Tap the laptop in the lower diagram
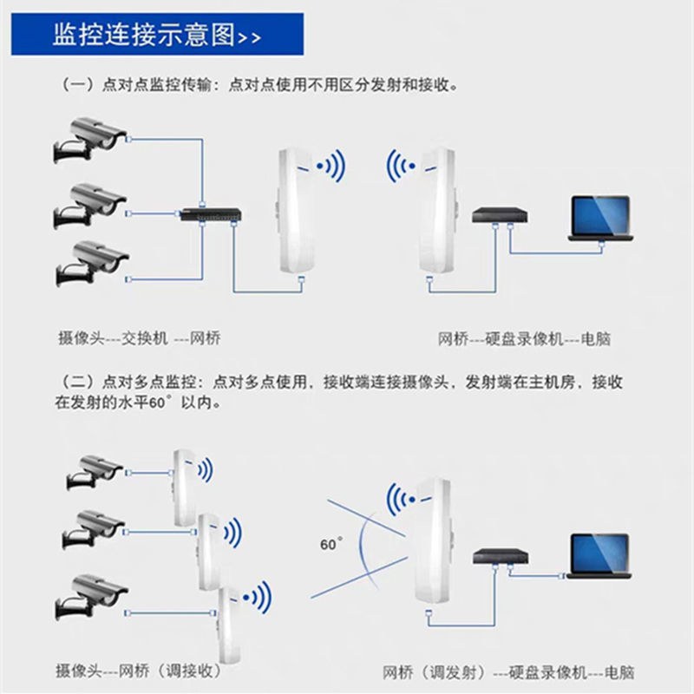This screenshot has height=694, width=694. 599,554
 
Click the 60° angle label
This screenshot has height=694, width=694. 331,545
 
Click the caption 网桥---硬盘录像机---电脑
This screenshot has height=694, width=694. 524,338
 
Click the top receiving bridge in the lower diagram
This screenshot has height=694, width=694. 183,486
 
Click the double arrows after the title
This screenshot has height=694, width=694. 249,38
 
